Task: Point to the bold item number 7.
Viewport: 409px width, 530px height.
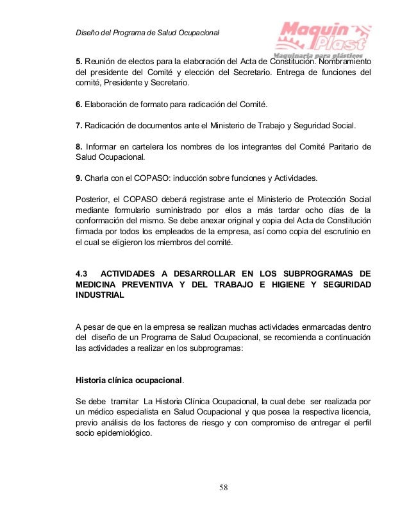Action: [x=79, y=124]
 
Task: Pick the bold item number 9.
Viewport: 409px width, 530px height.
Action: [x=79, y=177]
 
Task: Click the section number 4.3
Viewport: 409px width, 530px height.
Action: [x=83, y=274]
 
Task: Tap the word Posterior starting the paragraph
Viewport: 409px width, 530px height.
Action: [x=93, y=198]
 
